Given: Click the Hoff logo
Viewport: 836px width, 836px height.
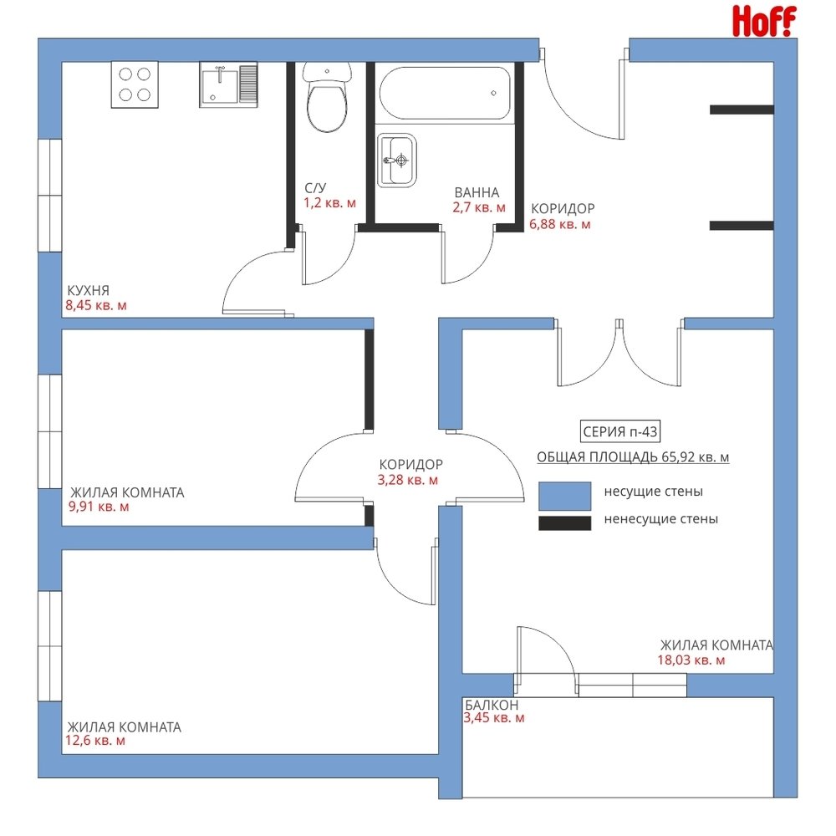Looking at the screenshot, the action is tap(764, 22).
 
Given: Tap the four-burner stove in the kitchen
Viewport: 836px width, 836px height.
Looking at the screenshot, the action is tap(135, 84).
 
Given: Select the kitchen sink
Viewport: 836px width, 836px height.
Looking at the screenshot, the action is tap(229, 84).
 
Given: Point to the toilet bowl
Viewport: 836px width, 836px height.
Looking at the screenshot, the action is tap(328, 97).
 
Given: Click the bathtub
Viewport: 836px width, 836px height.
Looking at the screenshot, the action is tap(445, 94).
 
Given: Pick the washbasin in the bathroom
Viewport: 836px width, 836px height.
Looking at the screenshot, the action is tap(396, 160).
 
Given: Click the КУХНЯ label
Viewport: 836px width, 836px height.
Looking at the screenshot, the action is tap(88, 291).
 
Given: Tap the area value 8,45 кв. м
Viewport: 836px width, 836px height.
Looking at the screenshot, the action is tap(96, 305).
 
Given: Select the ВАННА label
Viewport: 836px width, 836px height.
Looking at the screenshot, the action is tap(477, 192).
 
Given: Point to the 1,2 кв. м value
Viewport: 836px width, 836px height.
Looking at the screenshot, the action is tap(329, 203).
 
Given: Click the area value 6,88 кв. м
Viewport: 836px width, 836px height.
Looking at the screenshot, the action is tap(560, 224).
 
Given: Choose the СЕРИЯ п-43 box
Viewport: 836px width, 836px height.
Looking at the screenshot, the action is tap(619, 431).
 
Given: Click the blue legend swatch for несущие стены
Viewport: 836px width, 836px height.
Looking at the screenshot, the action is tap(564, 496).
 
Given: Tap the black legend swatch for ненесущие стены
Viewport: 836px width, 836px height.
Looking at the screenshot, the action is tap(564, 523).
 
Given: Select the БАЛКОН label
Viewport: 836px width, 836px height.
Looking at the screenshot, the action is tap(491, 704).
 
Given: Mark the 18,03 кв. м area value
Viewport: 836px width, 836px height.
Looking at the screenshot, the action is tap(691, 660).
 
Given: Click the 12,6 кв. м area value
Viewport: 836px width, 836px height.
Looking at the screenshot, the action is tap(95, 741).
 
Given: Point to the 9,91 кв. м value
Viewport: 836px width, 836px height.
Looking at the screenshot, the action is tap(99, 507).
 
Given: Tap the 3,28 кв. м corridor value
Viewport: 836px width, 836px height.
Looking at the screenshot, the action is tap(408, 480).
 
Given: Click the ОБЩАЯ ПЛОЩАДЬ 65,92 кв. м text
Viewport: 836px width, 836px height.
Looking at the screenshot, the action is tap(633, 457).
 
